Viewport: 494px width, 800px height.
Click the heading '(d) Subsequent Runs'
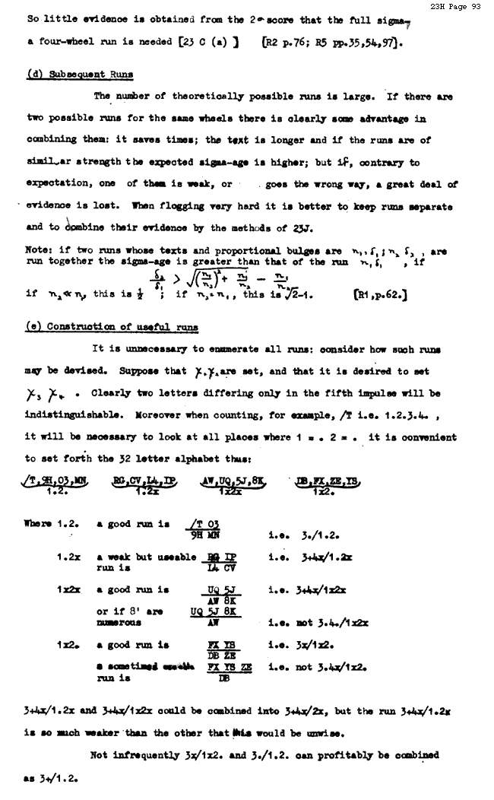pos(80,75)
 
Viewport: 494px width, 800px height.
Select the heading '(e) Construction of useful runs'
pos(112,327)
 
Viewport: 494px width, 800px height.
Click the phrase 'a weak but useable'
pos(141,557)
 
